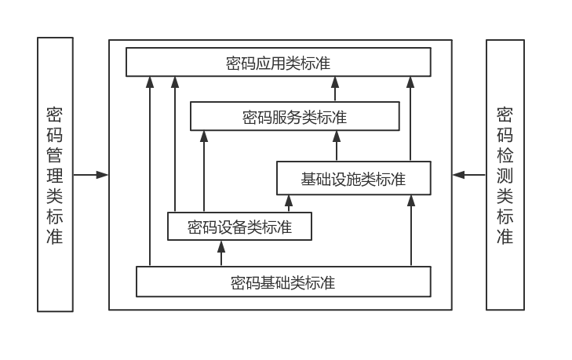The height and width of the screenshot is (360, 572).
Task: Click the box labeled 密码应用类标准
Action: (279, 62)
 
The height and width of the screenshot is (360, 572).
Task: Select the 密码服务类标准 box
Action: (294, 118)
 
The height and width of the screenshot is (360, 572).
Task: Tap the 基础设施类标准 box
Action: (353, 178)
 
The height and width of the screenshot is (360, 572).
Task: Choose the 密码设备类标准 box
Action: (239, 227)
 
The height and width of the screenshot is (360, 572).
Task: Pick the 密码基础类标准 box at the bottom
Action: (283, 282)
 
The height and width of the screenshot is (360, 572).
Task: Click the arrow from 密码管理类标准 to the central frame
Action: (91, 174)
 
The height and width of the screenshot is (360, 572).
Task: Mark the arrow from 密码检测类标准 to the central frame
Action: (469, 174)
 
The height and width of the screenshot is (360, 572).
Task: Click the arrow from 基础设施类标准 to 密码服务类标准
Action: (337, 146)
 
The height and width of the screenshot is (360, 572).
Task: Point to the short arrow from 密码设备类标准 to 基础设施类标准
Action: (288, 204)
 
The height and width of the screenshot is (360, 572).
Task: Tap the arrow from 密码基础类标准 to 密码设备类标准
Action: (221, 253)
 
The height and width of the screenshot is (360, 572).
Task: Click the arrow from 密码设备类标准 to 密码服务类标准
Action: (203, 173)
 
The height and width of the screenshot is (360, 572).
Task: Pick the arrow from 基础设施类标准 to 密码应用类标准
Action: (410, 118)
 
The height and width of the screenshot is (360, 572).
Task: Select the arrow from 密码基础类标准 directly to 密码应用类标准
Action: (148, 173)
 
